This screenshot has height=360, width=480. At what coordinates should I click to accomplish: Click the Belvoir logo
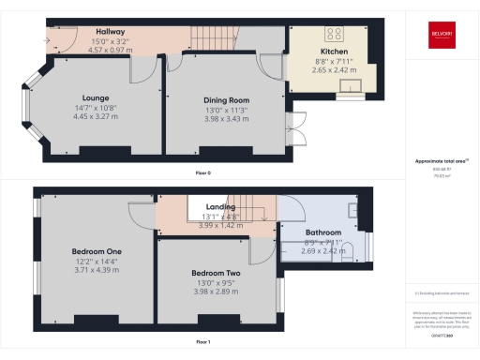coord(440,38)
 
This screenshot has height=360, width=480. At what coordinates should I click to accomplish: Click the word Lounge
coord(96,97)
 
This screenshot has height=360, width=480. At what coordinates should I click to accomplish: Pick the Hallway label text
coord(111,32)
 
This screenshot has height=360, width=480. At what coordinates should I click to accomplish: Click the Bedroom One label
coord(97,251)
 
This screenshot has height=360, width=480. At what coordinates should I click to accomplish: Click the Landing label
coord(221,207)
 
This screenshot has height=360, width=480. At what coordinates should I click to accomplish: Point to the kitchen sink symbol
coord(351,91)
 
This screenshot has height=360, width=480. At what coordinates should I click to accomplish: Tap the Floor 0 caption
coord(202,173)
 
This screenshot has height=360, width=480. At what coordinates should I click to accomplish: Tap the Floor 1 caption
coord(202,341)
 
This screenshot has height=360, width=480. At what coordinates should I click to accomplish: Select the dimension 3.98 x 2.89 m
coord(217,291)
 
